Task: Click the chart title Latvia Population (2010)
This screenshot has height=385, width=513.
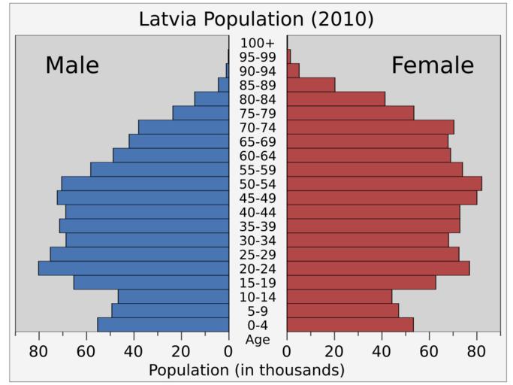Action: coord(256,19)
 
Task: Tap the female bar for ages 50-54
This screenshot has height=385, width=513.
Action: coord(384,183)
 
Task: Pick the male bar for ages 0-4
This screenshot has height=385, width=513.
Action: coord(163,325)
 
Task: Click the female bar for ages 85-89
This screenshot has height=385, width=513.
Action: coord(311,85)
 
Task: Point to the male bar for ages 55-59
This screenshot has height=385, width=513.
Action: coord(159,169)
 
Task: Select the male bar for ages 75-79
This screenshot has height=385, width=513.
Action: coord(201,113)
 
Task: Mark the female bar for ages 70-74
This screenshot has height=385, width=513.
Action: coord(370,127)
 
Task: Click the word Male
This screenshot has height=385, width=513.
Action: coord(72,65)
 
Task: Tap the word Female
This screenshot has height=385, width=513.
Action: coord(433,65)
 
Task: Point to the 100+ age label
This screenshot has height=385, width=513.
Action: coord(258,43)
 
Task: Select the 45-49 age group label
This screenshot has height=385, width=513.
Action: coord(258,199)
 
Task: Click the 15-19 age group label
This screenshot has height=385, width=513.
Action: coord(258,283)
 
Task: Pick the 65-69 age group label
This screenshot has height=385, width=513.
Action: coord(258,141)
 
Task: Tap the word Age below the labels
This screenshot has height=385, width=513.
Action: coord(258,340)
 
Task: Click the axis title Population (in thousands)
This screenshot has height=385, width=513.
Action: coord(246,370)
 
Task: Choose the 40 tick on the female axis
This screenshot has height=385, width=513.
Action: coord(382,350)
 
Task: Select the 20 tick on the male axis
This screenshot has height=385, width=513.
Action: coord(181,350)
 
